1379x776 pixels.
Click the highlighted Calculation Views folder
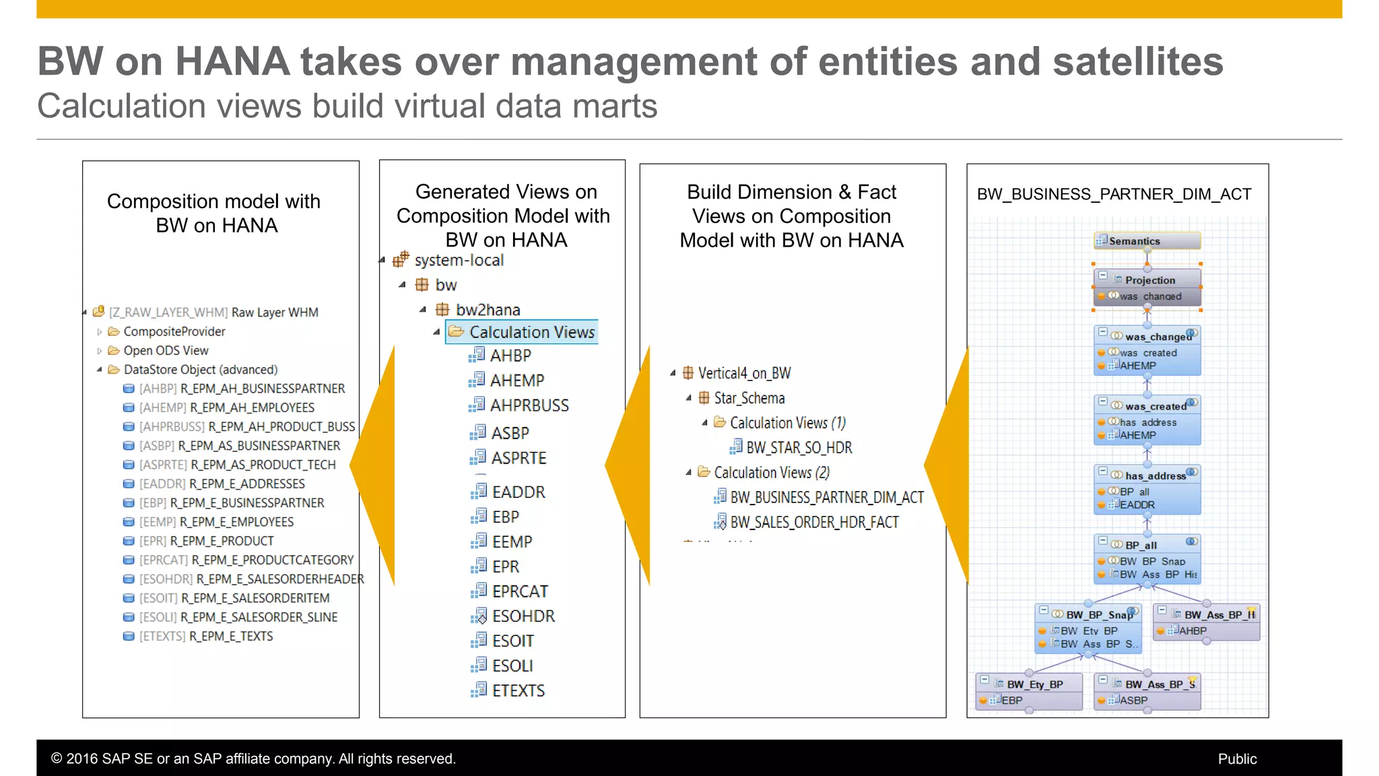pyautogui.click(x=531, y=332)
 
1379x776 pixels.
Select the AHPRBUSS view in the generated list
pyautogui.click(x=529, y=406)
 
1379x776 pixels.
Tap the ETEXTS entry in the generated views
pyautogui.click(x=518, y=690)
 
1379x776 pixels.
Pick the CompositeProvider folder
pyautogui.click(x=174, y=331)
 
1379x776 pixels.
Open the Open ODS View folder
pyautogui.click(x=166, y=350)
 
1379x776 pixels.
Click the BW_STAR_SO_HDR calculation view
pyautogui.click(x=799, y=448)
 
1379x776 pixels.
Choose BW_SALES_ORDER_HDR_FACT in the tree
pyautogui.click(x=814, y=522)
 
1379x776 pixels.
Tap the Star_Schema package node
pyautogui.click(x=749, y=398)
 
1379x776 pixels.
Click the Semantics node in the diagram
pyautogui.click(x=1147, y=241)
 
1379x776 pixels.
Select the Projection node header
pyautogui.click(x=1149, y=280)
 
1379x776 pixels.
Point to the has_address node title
pyautogui.click(x=1155, y=476)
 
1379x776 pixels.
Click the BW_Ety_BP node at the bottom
pyautogui.click(x=1035, y=684)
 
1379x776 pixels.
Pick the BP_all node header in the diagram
pyautogui.click(x=1141, y=545)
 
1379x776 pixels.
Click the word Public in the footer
pyautogui.click(x=1237, y=758)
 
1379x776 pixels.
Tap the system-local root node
pyautogui.click(x=459, y=260)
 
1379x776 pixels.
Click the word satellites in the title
pyautogui.click(x=1137, y=61)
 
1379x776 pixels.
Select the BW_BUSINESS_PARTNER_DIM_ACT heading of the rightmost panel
pyautogui.click(x=1114, y=194)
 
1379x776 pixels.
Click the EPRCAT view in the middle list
pyautogui.click(x=519, y=591)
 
